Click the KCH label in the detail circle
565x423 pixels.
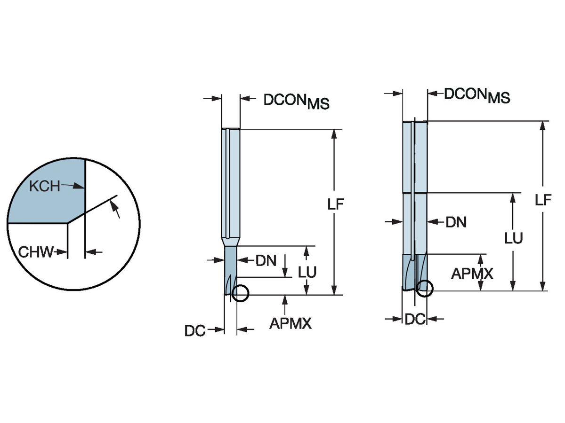45,186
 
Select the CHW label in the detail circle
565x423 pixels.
36,252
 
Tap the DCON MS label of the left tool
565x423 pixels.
296,102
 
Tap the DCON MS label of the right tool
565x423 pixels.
477,95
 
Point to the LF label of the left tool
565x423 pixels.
336,204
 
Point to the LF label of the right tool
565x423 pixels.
543,200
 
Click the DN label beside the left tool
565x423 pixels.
266,261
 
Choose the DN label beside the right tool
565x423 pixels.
456,222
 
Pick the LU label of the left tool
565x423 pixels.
307,272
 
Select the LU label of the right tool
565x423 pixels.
514,238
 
